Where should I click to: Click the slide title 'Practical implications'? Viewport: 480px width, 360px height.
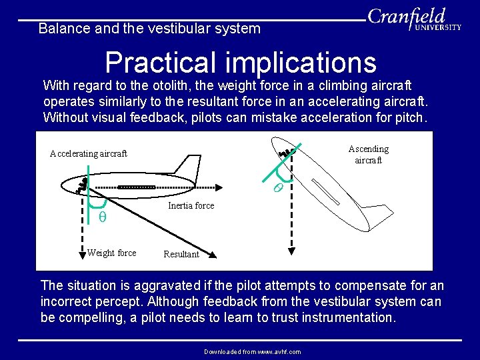(x=241, y=63)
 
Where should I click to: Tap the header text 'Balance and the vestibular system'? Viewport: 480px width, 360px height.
(x=149, y=29)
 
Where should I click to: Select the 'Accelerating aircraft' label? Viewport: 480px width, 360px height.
(x=88, y=154)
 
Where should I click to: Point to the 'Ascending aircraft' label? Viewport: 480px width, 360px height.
(x=368, y=155)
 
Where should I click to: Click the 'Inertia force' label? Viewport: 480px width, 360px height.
(x=191, y=206)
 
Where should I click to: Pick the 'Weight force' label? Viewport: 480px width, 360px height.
(x=111, y=253)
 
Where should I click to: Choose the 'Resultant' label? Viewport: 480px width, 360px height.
(x=181, y=255)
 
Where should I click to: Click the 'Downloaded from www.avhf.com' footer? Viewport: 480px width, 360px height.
(x=253, y=351)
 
